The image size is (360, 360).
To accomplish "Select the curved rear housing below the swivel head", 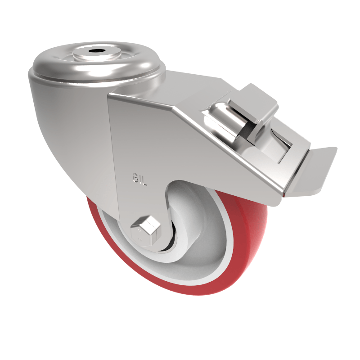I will click(x=67, y=135).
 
